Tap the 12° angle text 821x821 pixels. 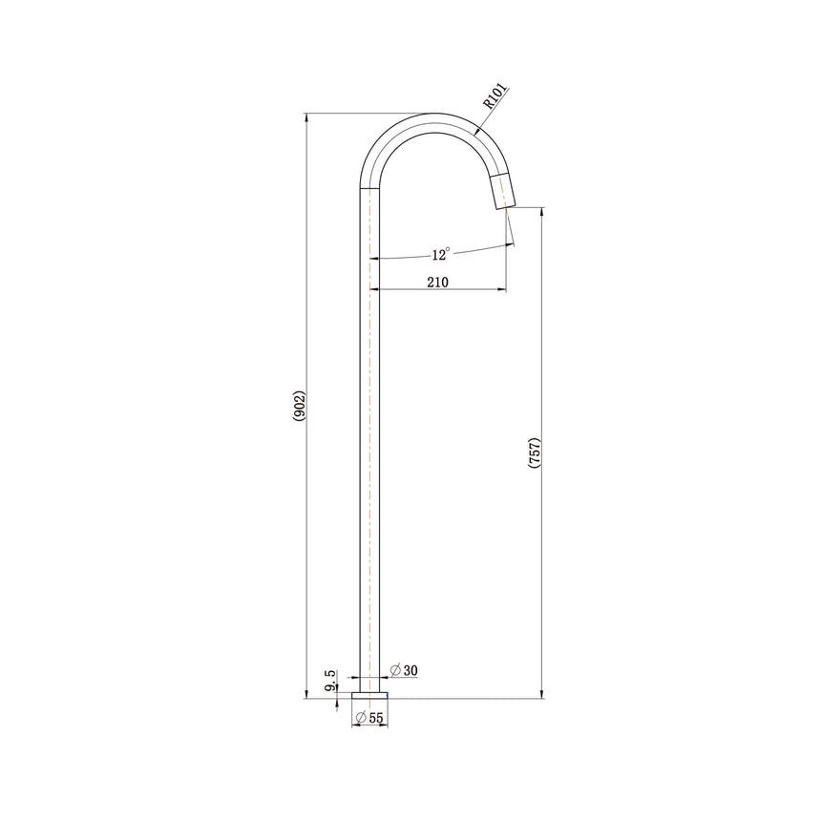(x=440, y=254)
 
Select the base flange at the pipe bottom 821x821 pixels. (x=369, y=692)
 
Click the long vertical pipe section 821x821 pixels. (x=369, y=430)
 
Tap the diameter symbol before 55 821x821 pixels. (x=360, y=717)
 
